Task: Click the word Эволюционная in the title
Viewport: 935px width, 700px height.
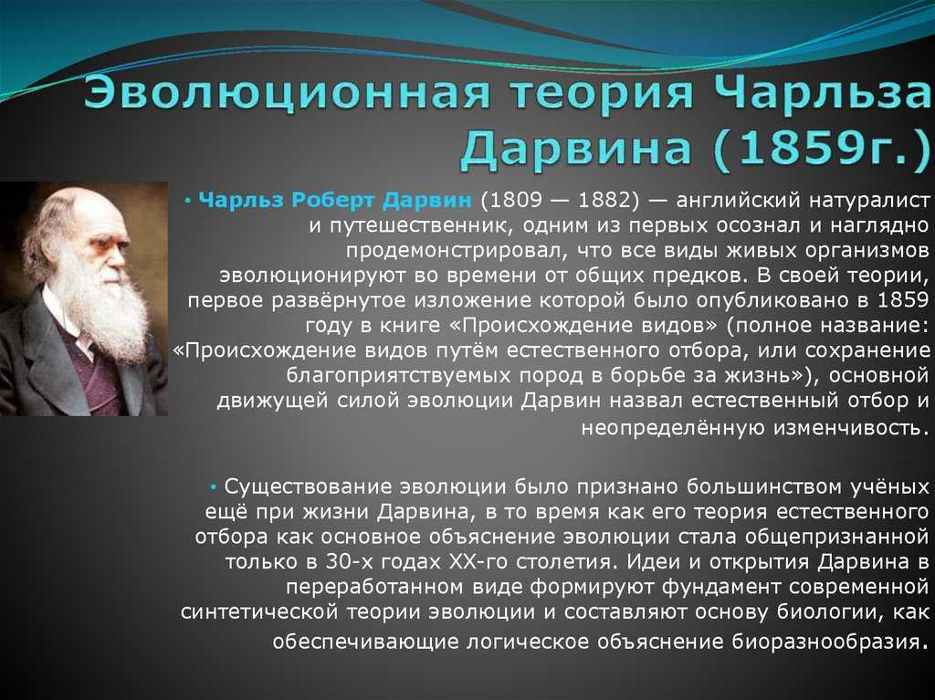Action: (286, 92)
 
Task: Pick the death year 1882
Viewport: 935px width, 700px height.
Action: (604, 200)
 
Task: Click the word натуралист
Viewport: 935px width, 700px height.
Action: (869, 201)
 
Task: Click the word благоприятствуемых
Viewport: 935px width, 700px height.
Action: (398, 376)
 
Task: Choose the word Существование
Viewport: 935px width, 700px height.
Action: (308, 487)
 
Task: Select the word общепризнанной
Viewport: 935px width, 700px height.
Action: (837, 538)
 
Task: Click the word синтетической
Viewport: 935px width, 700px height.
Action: (260, 612)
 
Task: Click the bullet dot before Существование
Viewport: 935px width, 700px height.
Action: (213, 487)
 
